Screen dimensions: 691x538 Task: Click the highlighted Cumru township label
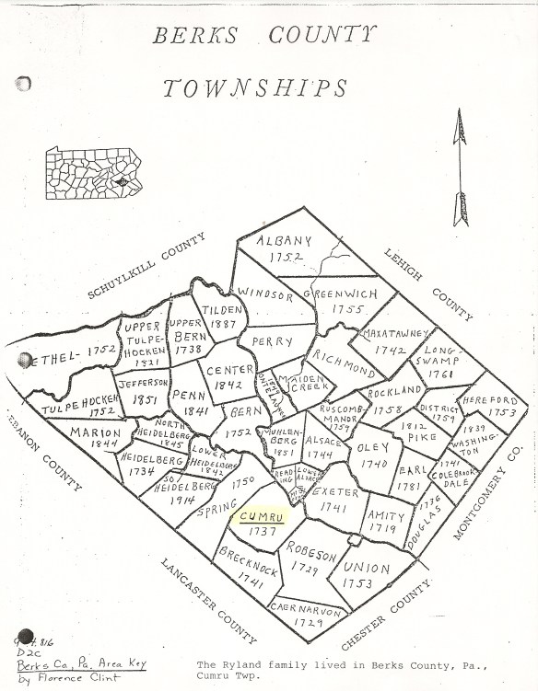[262, 516]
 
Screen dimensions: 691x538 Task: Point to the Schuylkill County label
[146, 267]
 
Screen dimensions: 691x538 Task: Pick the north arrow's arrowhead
[460, 126]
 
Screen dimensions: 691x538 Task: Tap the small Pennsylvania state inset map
[93, 172]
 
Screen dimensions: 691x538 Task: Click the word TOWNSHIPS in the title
[255, 88]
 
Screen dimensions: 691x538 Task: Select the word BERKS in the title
[193, 36]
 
